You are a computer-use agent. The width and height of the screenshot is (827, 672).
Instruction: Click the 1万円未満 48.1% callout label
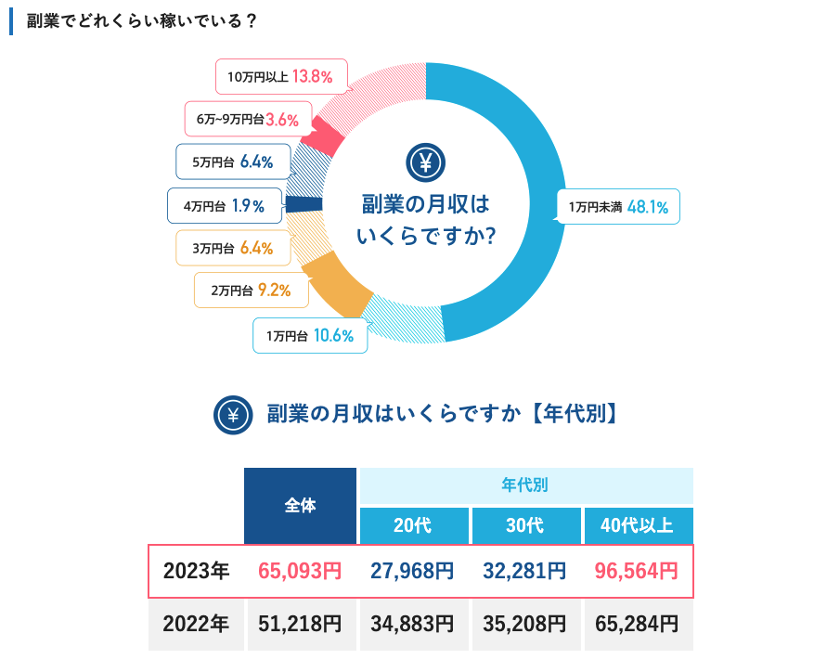(618, 207)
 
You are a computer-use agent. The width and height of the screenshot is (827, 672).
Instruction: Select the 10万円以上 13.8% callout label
(281, 76)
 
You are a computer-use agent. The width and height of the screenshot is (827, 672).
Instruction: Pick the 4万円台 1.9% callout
(224, 206)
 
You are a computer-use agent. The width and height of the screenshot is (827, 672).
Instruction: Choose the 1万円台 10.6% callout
(310, 336)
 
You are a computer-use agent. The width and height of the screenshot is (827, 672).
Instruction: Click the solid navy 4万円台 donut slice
(304, 205)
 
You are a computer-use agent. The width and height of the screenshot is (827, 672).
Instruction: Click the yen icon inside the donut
(426, 163)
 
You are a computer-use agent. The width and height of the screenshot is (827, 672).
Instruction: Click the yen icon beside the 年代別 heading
(233, 415)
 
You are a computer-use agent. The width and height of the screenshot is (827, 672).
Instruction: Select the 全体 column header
(300, 506)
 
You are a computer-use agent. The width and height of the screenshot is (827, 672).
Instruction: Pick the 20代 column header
(413, 525)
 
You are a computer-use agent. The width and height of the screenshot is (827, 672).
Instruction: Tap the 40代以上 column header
(638, 525)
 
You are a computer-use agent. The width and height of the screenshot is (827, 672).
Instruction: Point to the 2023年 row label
(196, 571)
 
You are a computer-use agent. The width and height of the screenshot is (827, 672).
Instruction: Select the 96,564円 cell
(637, 571)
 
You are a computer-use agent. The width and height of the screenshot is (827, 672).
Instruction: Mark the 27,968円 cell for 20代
(413, 571)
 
